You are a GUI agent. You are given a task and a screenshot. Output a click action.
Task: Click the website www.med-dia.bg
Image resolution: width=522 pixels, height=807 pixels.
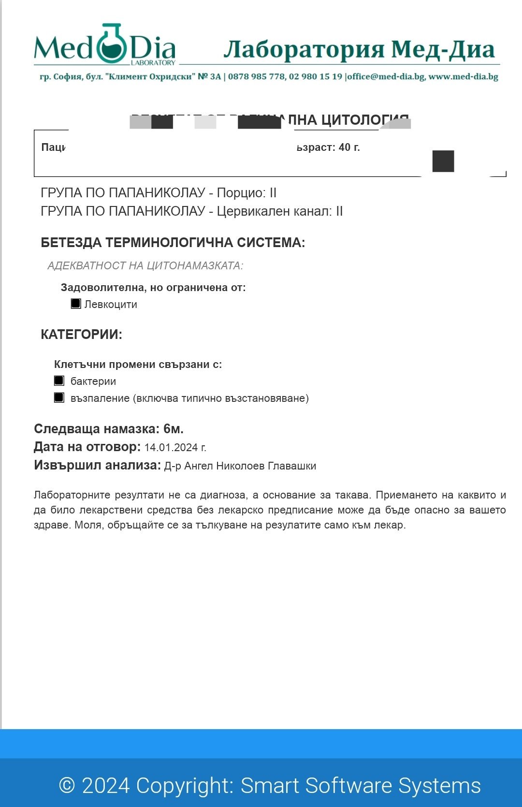[463, 77]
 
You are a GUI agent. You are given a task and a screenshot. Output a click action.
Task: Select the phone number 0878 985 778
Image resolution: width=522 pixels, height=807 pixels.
[256, 77]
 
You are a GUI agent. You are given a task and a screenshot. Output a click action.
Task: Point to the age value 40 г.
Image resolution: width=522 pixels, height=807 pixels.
[349, 147]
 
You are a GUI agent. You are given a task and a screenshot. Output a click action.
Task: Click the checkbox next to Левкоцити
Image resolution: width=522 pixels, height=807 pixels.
[76, 304]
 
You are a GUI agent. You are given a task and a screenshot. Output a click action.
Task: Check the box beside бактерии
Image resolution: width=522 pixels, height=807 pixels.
[59, 381]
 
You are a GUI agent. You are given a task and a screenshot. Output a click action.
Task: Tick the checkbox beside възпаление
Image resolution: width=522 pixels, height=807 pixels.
[59, 397]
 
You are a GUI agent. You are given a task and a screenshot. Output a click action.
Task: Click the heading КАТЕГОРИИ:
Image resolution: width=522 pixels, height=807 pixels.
[81, 335]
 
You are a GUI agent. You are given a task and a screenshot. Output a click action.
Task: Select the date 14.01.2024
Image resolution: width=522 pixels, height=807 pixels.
[171, 448]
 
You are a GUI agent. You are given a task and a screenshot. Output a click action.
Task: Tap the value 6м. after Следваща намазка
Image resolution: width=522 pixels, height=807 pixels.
[173, 429]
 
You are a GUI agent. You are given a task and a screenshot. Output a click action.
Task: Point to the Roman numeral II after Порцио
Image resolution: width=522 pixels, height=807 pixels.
[273, 193]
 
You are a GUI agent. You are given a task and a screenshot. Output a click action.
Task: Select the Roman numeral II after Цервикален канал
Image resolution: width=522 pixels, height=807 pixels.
[339, 211]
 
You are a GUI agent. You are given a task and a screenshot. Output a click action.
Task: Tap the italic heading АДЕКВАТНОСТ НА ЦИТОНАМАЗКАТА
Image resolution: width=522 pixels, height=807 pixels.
[145, 266]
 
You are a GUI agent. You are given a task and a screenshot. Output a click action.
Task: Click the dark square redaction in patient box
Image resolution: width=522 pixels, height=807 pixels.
[443, 161]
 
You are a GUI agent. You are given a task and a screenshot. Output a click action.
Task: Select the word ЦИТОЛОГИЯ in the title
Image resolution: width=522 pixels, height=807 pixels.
[365, 120]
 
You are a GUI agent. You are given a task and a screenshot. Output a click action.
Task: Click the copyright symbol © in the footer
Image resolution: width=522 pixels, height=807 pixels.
[67, 785]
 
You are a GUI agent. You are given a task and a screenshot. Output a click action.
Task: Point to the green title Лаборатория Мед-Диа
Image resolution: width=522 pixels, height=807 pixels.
[359, 49]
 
